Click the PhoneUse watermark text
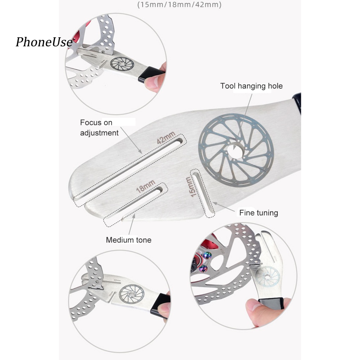44,43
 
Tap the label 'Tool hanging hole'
251,86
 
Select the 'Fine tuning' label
258,213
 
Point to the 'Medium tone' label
129,240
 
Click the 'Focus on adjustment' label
99,128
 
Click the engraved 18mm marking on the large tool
145,185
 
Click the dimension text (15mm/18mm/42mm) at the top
179,5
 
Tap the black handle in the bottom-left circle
160,306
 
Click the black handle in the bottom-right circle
271,303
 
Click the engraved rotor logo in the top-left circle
122,64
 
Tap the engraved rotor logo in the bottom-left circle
131,294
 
